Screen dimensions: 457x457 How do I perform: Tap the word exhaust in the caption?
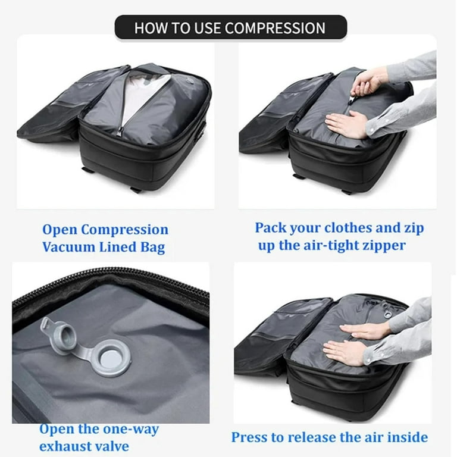coord(65,446)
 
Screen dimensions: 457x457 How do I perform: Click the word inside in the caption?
coord(407,437)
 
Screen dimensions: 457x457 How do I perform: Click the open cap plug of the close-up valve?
coord(52,328)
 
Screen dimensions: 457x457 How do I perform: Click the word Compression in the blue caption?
coord(124,230)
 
